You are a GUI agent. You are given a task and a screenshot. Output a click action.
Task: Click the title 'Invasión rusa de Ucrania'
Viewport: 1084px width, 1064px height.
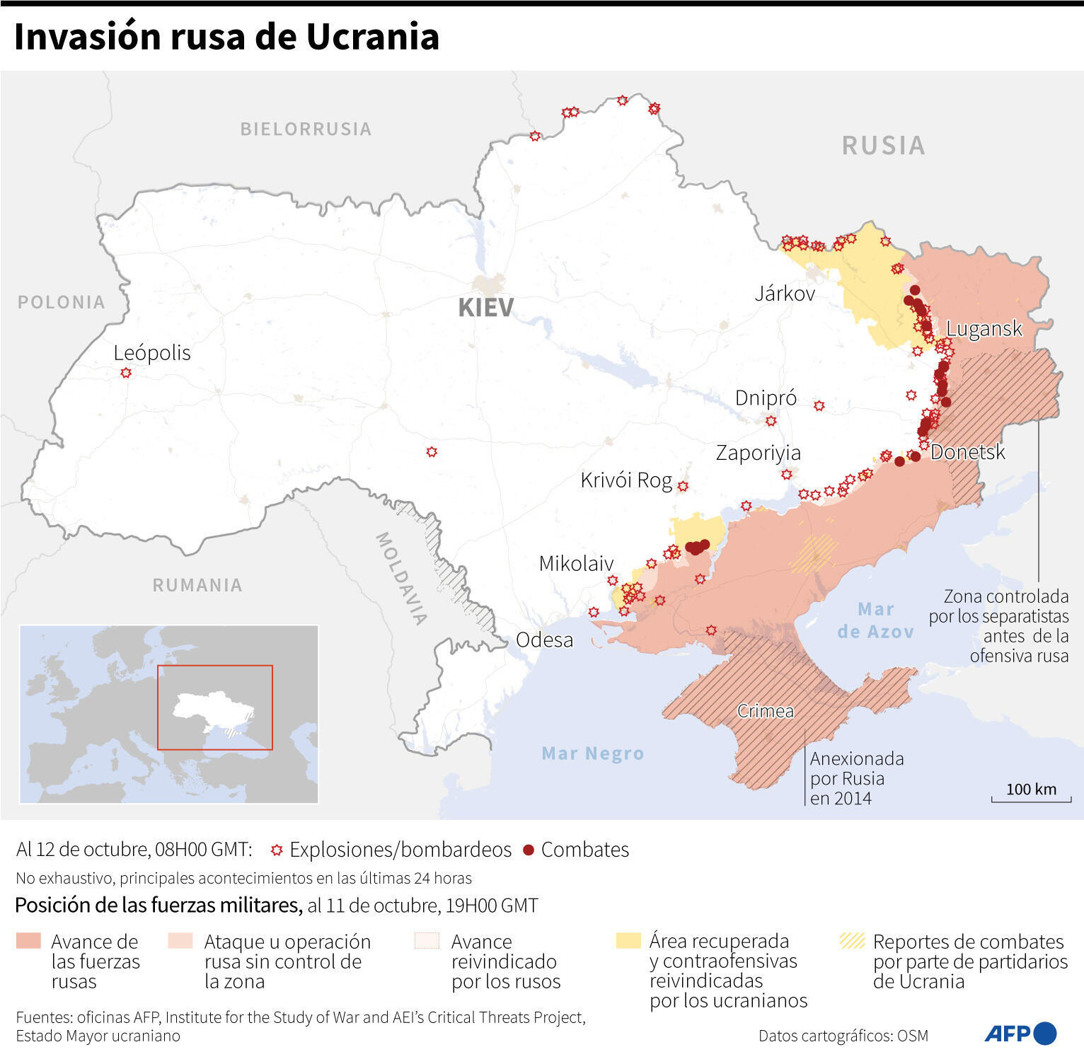pyautogui.click(x=226, y=37)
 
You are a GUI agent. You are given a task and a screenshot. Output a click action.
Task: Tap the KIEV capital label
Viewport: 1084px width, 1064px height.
pyautogui.click(x=486, y=308)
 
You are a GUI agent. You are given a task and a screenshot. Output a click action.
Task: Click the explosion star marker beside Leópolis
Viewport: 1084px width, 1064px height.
pyautogui.click(x=126, y=373)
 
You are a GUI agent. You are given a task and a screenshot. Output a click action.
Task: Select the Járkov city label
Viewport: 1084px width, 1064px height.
pyautogui.click(x=785, y=294)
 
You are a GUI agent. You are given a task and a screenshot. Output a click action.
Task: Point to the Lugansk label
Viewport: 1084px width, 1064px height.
pyautogui.click(x=984, y=329)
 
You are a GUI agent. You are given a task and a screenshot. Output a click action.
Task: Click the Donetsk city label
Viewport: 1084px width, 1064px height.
pyautogui.click(x=967, y=452)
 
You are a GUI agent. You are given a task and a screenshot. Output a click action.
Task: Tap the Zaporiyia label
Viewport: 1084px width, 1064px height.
pyautogui.click(x=758, y=453)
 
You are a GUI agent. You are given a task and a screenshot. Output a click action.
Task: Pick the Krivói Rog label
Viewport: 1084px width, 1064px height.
pyautogui.click(x=626, y=480)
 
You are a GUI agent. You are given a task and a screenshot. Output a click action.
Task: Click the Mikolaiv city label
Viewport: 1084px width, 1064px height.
pyautogui.click(x=576, y=564)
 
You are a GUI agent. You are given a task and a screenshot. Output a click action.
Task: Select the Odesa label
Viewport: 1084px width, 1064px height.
pyautogui.click(x=544, y=640)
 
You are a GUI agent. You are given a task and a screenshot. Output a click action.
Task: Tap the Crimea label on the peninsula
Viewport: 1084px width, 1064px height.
pyautogui.click(x=765, y=711)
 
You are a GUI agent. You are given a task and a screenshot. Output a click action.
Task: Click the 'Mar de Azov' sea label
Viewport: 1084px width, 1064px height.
pyautogui.click(x=875, y=620)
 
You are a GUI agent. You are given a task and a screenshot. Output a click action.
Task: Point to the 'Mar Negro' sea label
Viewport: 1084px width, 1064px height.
pyautogui.click(x=593, y=753)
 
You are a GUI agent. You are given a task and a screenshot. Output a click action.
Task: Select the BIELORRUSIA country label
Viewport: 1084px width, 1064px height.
pyautogui.click(x=306, y=129)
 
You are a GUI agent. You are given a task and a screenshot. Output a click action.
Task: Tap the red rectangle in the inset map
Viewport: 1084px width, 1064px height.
pyautogui.click(x=214, y=707)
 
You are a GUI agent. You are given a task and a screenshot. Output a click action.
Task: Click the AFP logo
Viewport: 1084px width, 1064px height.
pyautogui.click(x=1020, y=1034)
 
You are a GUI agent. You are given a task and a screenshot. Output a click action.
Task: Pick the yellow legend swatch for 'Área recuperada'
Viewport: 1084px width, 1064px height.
pyautogui.click(x=628, y=940)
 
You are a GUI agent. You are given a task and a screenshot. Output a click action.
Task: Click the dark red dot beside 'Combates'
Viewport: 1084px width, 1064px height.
pyautogui.click(x=528, y=850)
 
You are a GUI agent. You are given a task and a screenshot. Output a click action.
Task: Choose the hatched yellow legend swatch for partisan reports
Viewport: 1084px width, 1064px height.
pyautogui.click(x=852, y=940)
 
